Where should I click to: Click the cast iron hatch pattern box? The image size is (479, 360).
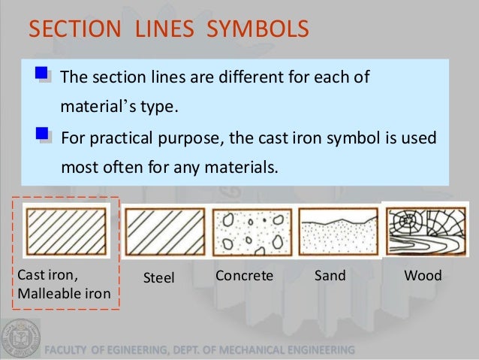(x=68, y=231)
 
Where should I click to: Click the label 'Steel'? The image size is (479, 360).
(x=158, y=278)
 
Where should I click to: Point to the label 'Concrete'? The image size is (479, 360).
(x=244, y=276)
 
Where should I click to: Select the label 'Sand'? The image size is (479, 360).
(x=331, y=276)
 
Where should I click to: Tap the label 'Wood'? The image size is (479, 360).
(x=423, y=276)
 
